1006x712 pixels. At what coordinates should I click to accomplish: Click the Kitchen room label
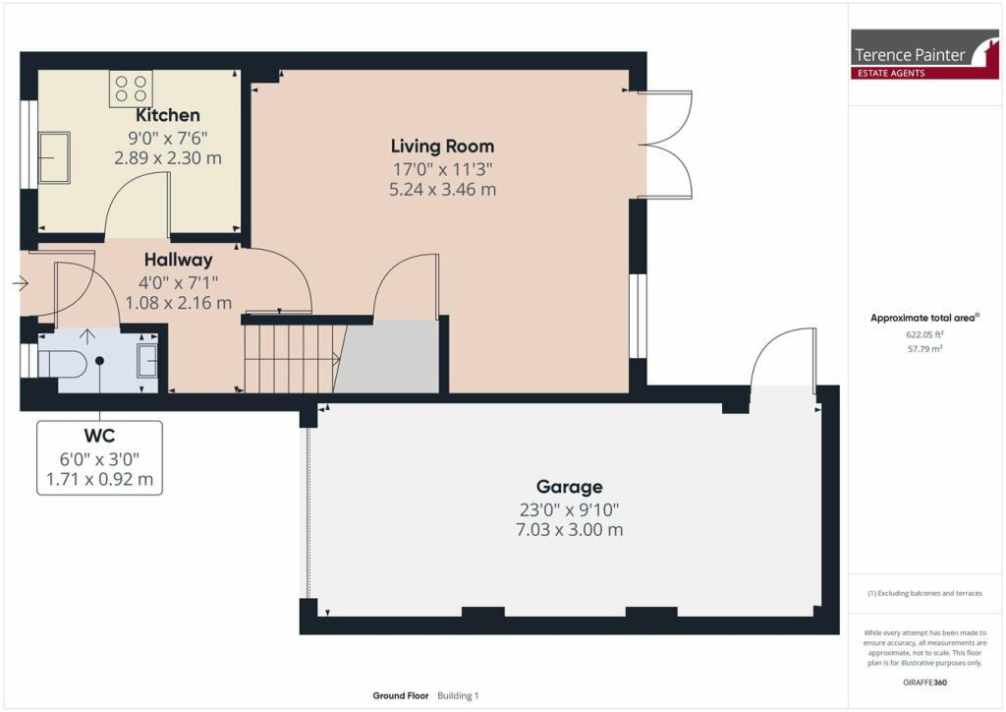pyautogui.click(x=167, y=115)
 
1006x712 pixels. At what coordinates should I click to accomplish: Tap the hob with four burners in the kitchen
pyautogui.click(x=131, y=89)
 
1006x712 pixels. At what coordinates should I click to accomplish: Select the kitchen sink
pyautogui.click(x=55, y=158)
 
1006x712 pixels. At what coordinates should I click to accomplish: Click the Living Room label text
pyautogui.click(x=443, y=147)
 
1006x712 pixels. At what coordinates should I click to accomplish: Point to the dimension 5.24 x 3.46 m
pyautogui.click(x=443, y=190)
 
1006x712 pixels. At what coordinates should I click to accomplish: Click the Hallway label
pyautogui.click(x=179, y=260)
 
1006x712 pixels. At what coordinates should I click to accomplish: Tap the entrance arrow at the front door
pyautogui.click(x=21, y=283)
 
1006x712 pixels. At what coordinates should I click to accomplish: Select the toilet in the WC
pyautogui.click(x=62, y=364)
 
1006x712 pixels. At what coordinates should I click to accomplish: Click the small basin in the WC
pyautogui.click(x=147, y=361)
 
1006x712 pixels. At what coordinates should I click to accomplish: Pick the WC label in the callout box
pyautogui.click(x=99, y=436)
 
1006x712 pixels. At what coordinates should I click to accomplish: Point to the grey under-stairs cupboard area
pyautogui.click(x=386, y=357)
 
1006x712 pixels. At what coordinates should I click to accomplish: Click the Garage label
pyautogui.click(x=570, y=487)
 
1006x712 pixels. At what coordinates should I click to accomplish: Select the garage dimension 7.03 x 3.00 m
pyautogui.click(x=570, y=530)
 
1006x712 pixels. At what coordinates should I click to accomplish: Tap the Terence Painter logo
pyautogui.click(x=924, y=54)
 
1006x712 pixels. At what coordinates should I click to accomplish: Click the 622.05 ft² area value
pyautogui.click(x=924, y=334)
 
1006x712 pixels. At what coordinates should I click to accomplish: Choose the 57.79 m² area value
pyautogui.click(x=924, y=349)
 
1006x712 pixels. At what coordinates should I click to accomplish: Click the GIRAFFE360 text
pyautogui.click(x=924, y=682)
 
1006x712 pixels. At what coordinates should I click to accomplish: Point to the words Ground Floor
pyautogui.click(x=401, y=695)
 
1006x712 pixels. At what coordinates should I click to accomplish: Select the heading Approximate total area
pyautogui.click(x=924, y=318)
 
